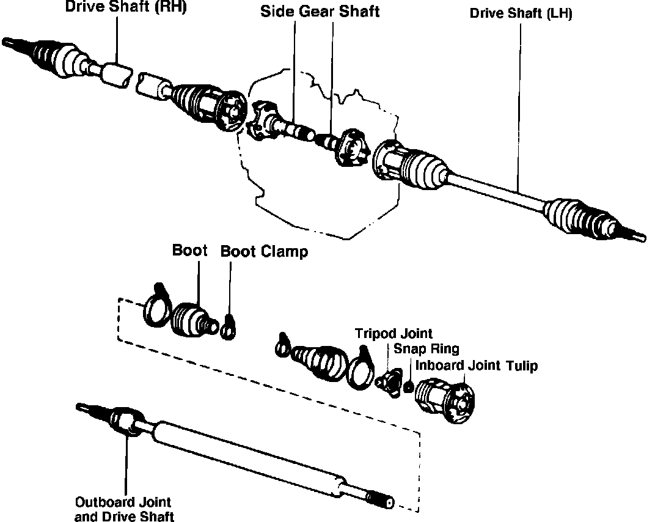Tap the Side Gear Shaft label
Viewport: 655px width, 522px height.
(320, 11)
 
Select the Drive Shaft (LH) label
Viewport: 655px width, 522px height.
(521, 13)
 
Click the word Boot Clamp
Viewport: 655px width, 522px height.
(264, 252)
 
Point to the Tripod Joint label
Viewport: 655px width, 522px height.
(394, 334)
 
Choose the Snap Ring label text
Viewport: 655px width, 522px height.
(426, 349)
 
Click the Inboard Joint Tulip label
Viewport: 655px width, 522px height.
(476, 366)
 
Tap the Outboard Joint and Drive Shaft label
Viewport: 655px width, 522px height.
(123, 509)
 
